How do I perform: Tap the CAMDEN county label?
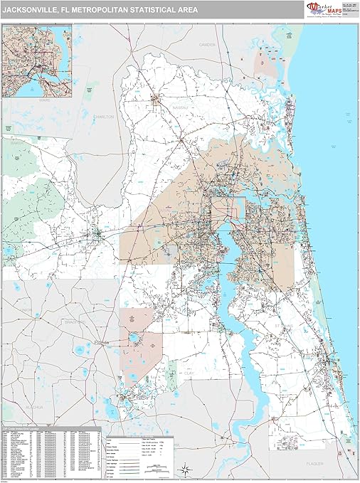[208, 44]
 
